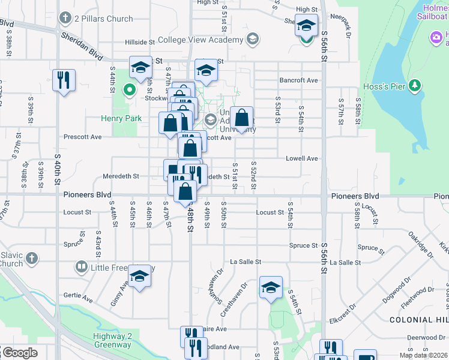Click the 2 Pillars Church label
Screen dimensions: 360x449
point(103,19)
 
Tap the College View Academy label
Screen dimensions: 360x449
point(200,40)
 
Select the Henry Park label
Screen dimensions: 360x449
point(122,118)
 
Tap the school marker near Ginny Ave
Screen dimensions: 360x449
point(140,277)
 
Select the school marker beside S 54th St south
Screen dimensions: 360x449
point(271,288)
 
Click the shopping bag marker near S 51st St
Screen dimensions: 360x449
point(242,119)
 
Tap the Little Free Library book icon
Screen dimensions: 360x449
point(81,266)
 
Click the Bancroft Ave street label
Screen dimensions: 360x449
point(298,80)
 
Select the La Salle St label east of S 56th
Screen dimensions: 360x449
point(345,262)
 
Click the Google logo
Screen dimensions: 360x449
point(19,353)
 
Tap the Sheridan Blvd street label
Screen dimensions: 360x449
point(82,44)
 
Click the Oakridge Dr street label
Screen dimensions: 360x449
point(420,239)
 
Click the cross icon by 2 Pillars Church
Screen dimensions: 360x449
point(65,19)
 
